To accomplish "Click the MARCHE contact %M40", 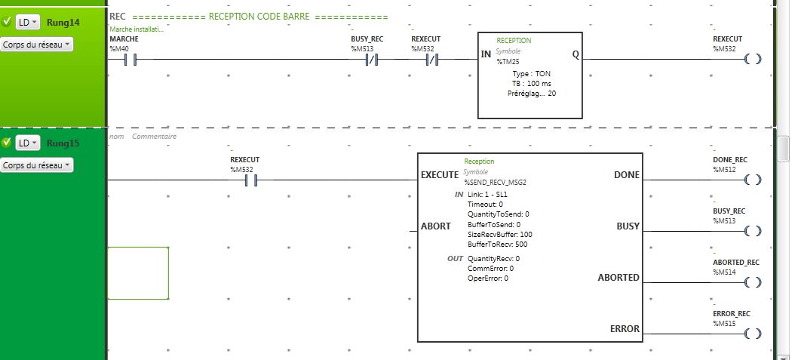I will (x=128, y=58).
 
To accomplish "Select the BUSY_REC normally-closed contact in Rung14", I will (x=370, y=58).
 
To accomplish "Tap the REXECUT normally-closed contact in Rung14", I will (x=431, y=58).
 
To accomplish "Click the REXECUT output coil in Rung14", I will (x=752, y=58).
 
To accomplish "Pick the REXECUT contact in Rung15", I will (x=248, y=180).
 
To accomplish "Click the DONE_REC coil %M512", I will (x=752, y=180).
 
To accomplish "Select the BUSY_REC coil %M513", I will (x=752, y=231).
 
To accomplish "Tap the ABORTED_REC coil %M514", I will (x=752, y=282).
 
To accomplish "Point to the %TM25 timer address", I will (x=508, y=62).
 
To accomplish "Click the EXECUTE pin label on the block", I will (x=439, y=175).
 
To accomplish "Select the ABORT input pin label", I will (x=435, y=226).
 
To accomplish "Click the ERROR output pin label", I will (x=625, y=329).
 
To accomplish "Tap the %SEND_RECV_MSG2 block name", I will (x=496, y=182).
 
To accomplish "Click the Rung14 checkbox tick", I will (x=7, y=22).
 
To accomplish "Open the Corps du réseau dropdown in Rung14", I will (x=37, y=45).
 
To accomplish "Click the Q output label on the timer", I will (x=576, y=54).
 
